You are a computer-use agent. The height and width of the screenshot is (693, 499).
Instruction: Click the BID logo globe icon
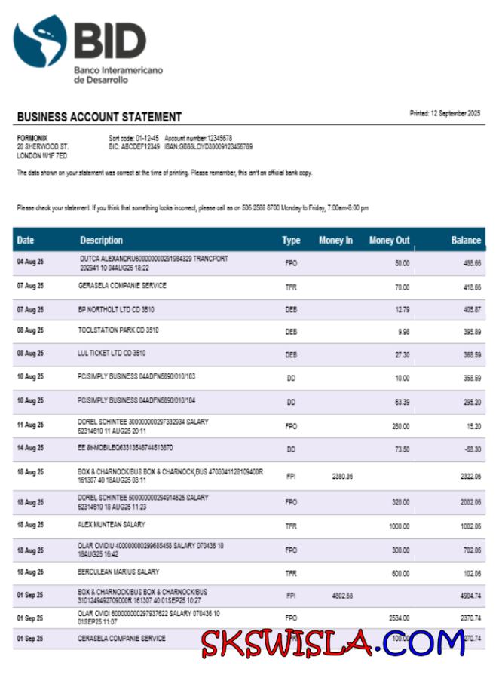pos(40,41)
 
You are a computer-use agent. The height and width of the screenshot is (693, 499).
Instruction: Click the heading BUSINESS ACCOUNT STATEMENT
pos(99,117)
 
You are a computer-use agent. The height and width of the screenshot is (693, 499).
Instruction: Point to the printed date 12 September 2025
pos(445,113)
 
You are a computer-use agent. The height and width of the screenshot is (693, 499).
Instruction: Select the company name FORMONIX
pos(31,138)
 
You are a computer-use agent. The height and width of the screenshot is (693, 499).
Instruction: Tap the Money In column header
pos(335,241)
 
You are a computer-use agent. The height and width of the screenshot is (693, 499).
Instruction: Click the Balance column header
pos(465,241)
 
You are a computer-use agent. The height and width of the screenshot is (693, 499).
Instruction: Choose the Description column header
pos(101,241)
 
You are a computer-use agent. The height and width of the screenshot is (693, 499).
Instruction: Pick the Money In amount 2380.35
pos(342,476)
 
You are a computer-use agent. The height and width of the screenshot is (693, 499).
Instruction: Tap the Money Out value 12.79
pos(401,310)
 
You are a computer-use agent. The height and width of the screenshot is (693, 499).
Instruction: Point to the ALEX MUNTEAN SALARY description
pos(112,524)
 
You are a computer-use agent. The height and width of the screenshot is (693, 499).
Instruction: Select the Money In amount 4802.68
pos(342,596)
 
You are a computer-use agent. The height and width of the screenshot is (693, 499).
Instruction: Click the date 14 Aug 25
pos(30,448)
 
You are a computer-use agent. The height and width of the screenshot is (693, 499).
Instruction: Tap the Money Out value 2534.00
pos(398,618)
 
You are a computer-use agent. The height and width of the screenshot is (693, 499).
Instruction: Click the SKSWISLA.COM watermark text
pos(332,642)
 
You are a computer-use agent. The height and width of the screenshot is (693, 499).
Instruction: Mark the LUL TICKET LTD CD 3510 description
pos(112,353)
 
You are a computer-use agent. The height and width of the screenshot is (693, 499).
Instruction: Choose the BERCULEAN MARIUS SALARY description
pos(118,572)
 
